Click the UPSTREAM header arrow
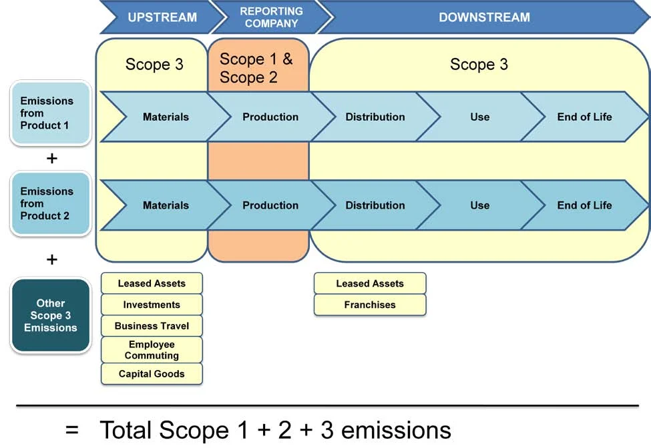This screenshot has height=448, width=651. click(x=162, y=17)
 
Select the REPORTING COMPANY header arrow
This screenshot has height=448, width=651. click(x=270, y=17)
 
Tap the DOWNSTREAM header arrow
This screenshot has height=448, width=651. click(x=484, y=17)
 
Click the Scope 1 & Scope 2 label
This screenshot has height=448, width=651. click(x=256, y=68)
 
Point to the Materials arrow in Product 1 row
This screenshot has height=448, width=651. click(x=166, y=117)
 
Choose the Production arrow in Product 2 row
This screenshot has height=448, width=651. click(x=270, y=205)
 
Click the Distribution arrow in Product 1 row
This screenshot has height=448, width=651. click(x=375, y=117)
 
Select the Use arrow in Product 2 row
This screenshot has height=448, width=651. click(x=479, y=205)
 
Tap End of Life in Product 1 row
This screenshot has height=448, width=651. click(x=584, y=117)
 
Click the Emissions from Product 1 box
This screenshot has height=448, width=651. click(x=50, y=113)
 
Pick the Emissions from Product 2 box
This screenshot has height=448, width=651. click(x=50, y=203)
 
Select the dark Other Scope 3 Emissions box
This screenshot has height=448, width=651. click(x=50, y=315)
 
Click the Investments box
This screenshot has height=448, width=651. click(x=152, y=305)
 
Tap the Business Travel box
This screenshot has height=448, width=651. click(x=152, y=326)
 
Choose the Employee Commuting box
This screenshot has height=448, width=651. click(x=152, y=350)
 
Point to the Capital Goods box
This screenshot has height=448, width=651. click(x=152, y=374)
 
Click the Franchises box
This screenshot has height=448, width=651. click(x=370, y=305)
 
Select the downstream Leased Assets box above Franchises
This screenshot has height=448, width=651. click(x=370, y=283)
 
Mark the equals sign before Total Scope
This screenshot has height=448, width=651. click(x=72, y=430)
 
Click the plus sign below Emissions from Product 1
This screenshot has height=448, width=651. click(x=51, y=159)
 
